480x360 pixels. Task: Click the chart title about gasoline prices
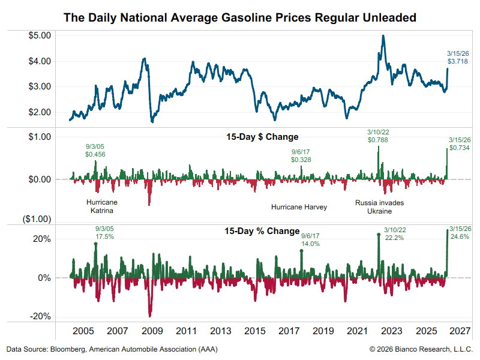point(240,17)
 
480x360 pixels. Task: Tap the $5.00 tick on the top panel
point(41,35)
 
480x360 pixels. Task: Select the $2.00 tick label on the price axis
point(41,112)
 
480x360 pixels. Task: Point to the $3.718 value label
point(458,61)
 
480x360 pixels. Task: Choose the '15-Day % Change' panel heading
point(262,231)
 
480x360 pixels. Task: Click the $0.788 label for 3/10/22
point(379,140)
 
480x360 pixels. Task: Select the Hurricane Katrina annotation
point(100,206)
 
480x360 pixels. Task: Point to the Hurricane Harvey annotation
point(299,207)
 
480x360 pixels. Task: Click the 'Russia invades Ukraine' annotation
point(379,207)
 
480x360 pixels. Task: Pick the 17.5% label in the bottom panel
point(104,236)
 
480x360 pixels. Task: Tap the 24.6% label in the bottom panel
point(458,236)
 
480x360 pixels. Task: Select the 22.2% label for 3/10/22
point(394,238)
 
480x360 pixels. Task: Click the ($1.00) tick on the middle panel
point(37,219)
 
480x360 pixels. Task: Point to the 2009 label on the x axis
point(152,331)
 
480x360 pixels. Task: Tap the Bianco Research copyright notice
point(421,349)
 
